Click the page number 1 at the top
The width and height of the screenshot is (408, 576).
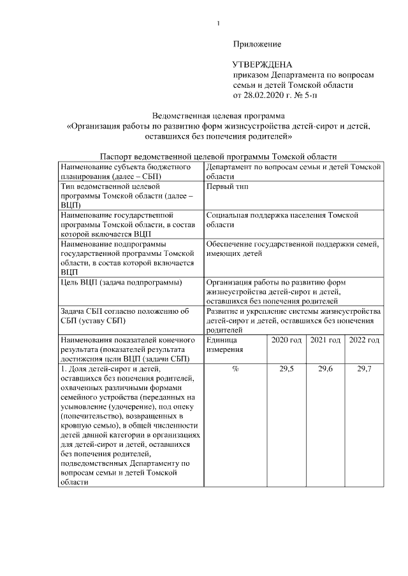[x=218, y=24]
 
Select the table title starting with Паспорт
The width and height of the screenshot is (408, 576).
[x=219, y=157]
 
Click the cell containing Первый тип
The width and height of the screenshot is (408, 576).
[x=228, y=186]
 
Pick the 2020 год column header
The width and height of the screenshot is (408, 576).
[x=286, y=341]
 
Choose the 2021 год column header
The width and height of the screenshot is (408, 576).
[x=325, y=341]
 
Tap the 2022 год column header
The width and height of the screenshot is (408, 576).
[x=364, y=341]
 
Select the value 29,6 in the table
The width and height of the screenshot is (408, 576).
[x=325, y=369]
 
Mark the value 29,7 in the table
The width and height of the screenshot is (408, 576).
[x=364, y=369]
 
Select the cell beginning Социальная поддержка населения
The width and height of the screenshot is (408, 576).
[x=282, y=220]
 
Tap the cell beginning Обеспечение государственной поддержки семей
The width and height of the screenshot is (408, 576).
[x=293, y=248]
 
